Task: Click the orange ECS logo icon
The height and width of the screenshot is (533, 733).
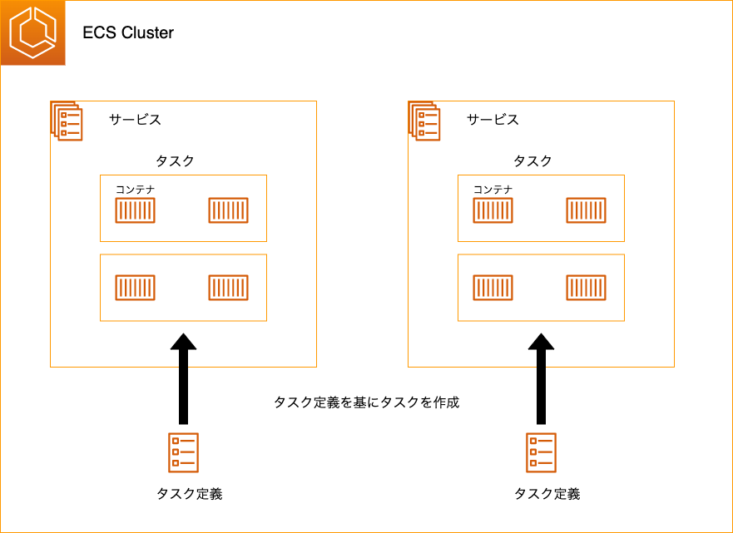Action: coord(33,33)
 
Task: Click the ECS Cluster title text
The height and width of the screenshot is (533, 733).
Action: coord(128,33)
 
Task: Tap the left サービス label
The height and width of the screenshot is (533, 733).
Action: coord(135,120)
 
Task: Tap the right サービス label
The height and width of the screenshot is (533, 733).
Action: coord(493,120)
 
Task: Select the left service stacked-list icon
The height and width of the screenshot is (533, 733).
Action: coord(66,121)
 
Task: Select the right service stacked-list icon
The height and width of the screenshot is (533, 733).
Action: coord(423,121)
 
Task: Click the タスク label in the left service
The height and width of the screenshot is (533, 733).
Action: coord(175,161)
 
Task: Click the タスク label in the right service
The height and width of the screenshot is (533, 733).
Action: coord(532,161)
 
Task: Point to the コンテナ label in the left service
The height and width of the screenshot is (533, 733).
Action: coord(135,190)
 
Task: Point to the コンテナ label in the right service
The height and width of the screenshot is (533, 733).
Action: coord(493,190)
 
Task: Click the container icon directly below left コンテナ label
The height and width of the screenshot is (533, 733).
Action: coord(135,211)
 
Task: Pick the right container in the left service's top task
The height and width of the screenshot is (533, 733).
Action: coord(228,211)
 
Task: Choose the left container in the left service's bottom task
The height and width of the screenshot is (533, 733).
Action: coord(135,288)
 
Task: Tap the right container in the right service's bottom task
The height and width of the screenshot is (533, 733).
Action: coord(586,288)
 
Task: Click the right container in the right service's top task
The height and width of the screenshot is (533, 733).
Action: coord(586,211)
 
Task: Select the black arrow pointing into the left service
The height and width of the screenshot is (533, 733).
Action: coord(183,378)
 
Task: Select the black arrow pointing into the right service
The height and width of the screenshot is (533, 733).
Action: coord(542,378)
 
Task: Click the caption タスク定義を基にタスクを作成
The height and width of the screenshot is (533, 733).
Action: coord(366,402)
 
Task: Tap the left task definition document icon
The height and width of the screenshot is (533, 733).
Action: coord(183,452)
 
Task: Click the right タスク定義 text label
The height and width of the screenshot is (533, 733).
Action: coord(547,494)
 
